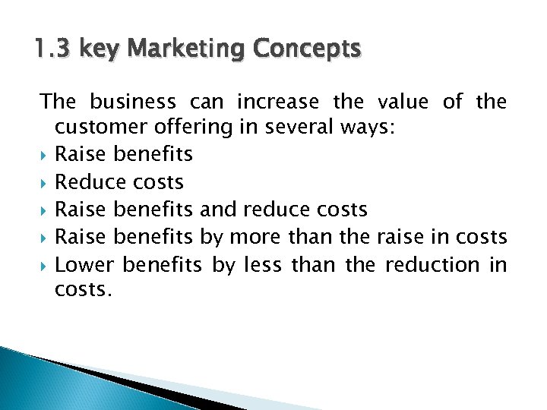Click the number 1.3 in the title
[52, 50]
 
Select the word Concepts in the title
[308, 50]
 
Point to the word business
[133, 101]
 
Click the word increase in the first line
[278, 101]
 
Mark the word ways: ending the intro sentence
[367, 128]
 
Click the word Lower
[84, 264]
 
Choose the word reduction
[432, 264]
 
